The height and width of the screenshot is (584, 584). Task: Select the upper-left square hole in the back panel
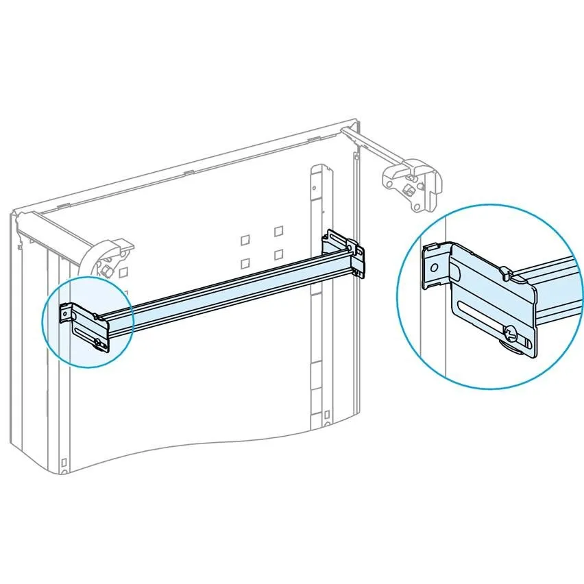245,241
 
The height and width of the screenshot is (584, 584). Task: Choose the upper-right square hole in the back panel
278,232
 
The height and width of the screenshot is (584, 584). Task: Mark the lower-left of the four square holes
245,263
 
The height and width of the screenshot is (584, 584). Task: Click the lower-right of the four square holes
278,254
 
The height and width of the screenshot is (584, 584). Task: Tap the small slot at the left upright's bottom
62,461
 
